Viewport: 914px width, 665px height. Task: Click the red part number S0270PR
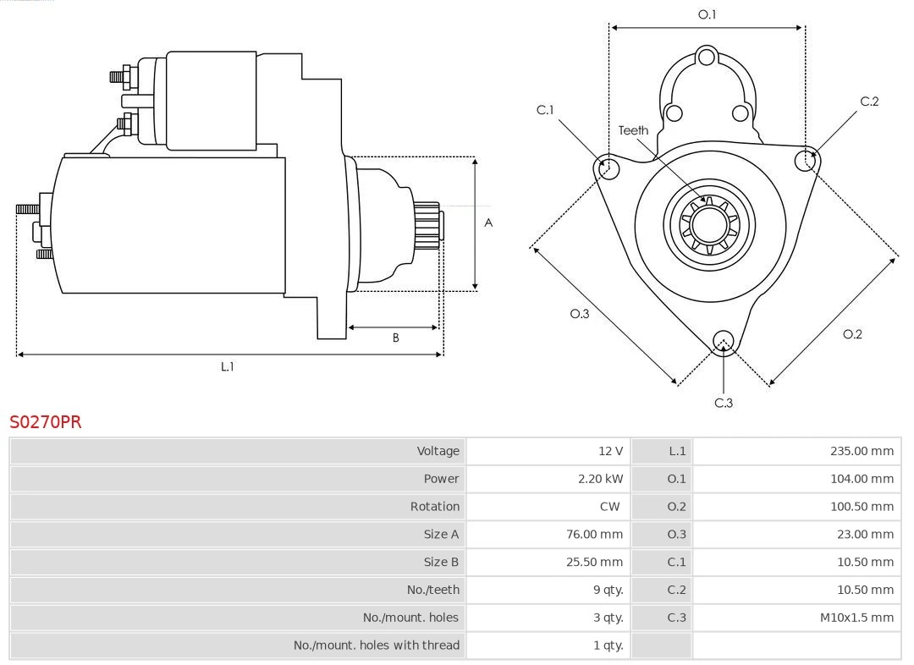click(x=46, y=422)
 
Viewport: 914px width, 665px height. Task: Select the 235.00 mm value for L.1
click(x=862, y=451)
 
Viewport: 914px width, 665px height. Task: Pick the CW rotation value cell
click(x=609, y=507)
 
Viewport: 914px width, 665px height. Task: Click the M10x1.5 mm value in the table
click(x=856, y=618)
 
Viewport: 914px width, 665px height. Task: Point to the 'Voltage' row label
click(x=438, y=451)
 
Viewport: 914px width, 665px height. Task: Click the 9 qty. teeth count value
click(x=608, y=590)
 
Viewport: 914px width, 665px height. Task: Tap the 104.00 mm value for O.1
click(x=862, y=479)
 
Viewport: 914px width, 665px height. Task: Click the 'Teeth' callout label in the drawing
click(x=633, y=130)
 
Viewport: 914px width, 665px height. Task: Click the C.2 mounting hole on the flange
click(x=805, y=160)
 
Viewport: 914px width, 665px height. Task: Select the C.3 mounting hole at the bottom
click(x=723, y=341)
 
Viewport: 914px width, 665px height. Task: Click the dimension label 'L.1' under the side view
click(x=228, y=367)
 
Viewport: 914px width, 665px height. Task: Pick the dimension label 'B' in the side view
click(x=395, y=338)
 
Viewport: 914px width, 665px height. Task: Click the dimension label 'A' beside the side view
click(x=488, y=223)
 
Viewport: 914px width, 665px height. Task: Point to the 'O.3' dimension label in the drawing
click(x=579, y=314)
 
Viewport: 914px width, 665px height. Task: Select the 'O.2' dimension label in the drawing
click(x=852, y=334)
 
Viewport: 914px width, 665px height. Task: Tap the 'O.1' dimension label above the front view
click(x=707, y=14)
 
